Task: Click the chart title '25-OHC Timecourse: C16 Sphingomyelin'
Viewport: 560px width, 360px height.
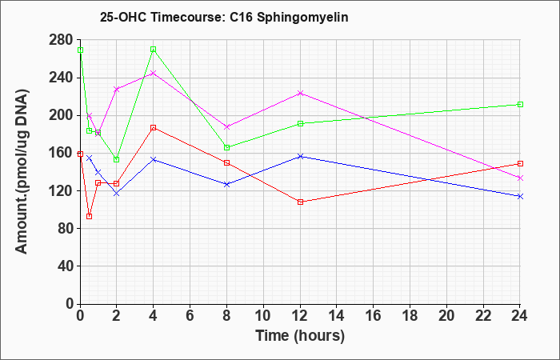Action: [x=224, y=17]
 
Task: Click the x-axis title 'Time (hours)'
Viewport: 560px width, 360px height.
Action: [x=300, y=336]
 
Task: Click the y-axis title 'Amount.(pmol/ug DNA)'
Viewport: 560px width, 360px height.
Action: [x=22, y=171]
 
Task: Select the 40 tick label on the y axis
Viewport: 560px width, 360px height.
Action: [x=65, y=266]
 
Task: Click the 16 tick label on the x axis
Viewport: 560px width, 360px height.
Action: [x=374, y=316]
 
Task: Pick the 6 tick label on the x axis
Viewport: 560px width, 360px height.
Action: [x=190, y=316]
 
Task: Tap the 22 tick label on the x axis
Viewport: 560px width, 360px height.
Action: [x=483, y=316]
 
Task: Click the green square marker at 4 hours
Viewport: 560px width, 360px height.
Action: [x=154, y=50]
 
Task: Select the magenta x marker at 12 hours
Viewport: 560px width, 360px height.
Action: [x=300, y=94]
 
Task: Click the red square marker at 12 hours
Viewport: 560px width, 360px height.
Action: [x=300, y=202]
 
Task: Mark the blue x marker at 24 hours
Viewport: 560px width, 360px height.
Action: [x=520, y=196]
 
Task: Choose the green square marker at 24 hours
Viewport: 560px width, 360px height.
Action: [x=520, y=104]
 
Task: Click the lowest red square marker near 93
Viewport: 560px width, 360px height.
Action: [x=90, y=216]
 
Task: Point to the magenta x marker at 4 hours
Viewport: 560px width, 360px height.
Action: [x=154, y=74]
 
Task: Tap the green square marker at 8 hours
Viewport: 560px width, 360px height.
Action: [x=226, y=147]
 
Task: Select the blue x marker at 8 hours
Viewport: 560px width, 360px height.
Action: [x=226, y=184]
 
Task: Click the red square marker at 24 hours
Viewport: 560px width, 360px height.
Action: [x=520, y=163]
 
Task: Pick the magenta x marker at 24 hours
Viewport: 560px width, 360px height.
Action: [x=520, y=178]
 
